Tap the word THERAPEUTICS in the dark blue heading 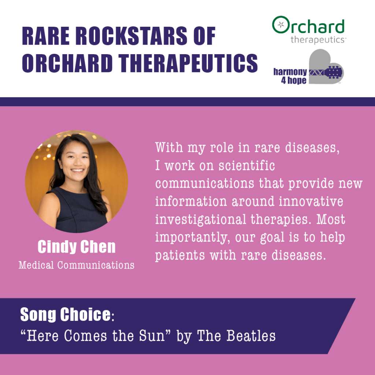click(188, 63)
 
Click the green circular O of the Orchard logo click(281, 25)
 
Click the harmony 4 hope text click(290, 76)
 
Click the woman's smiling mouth click(78, 170)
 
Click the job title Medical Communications click(77, 265)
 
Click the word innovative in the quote click(311, 201)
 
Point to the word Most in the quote click(331, 219)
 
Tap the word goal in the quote click(272, 238)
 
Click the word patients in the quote click(180, 255)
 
